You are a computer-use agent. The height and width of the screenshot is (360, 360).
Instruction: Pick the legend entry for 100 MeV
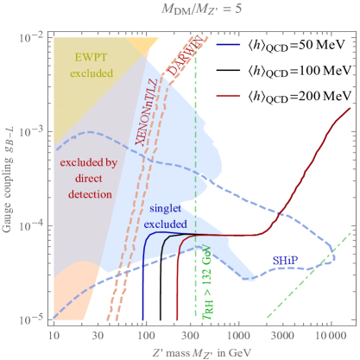[292, 66]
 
